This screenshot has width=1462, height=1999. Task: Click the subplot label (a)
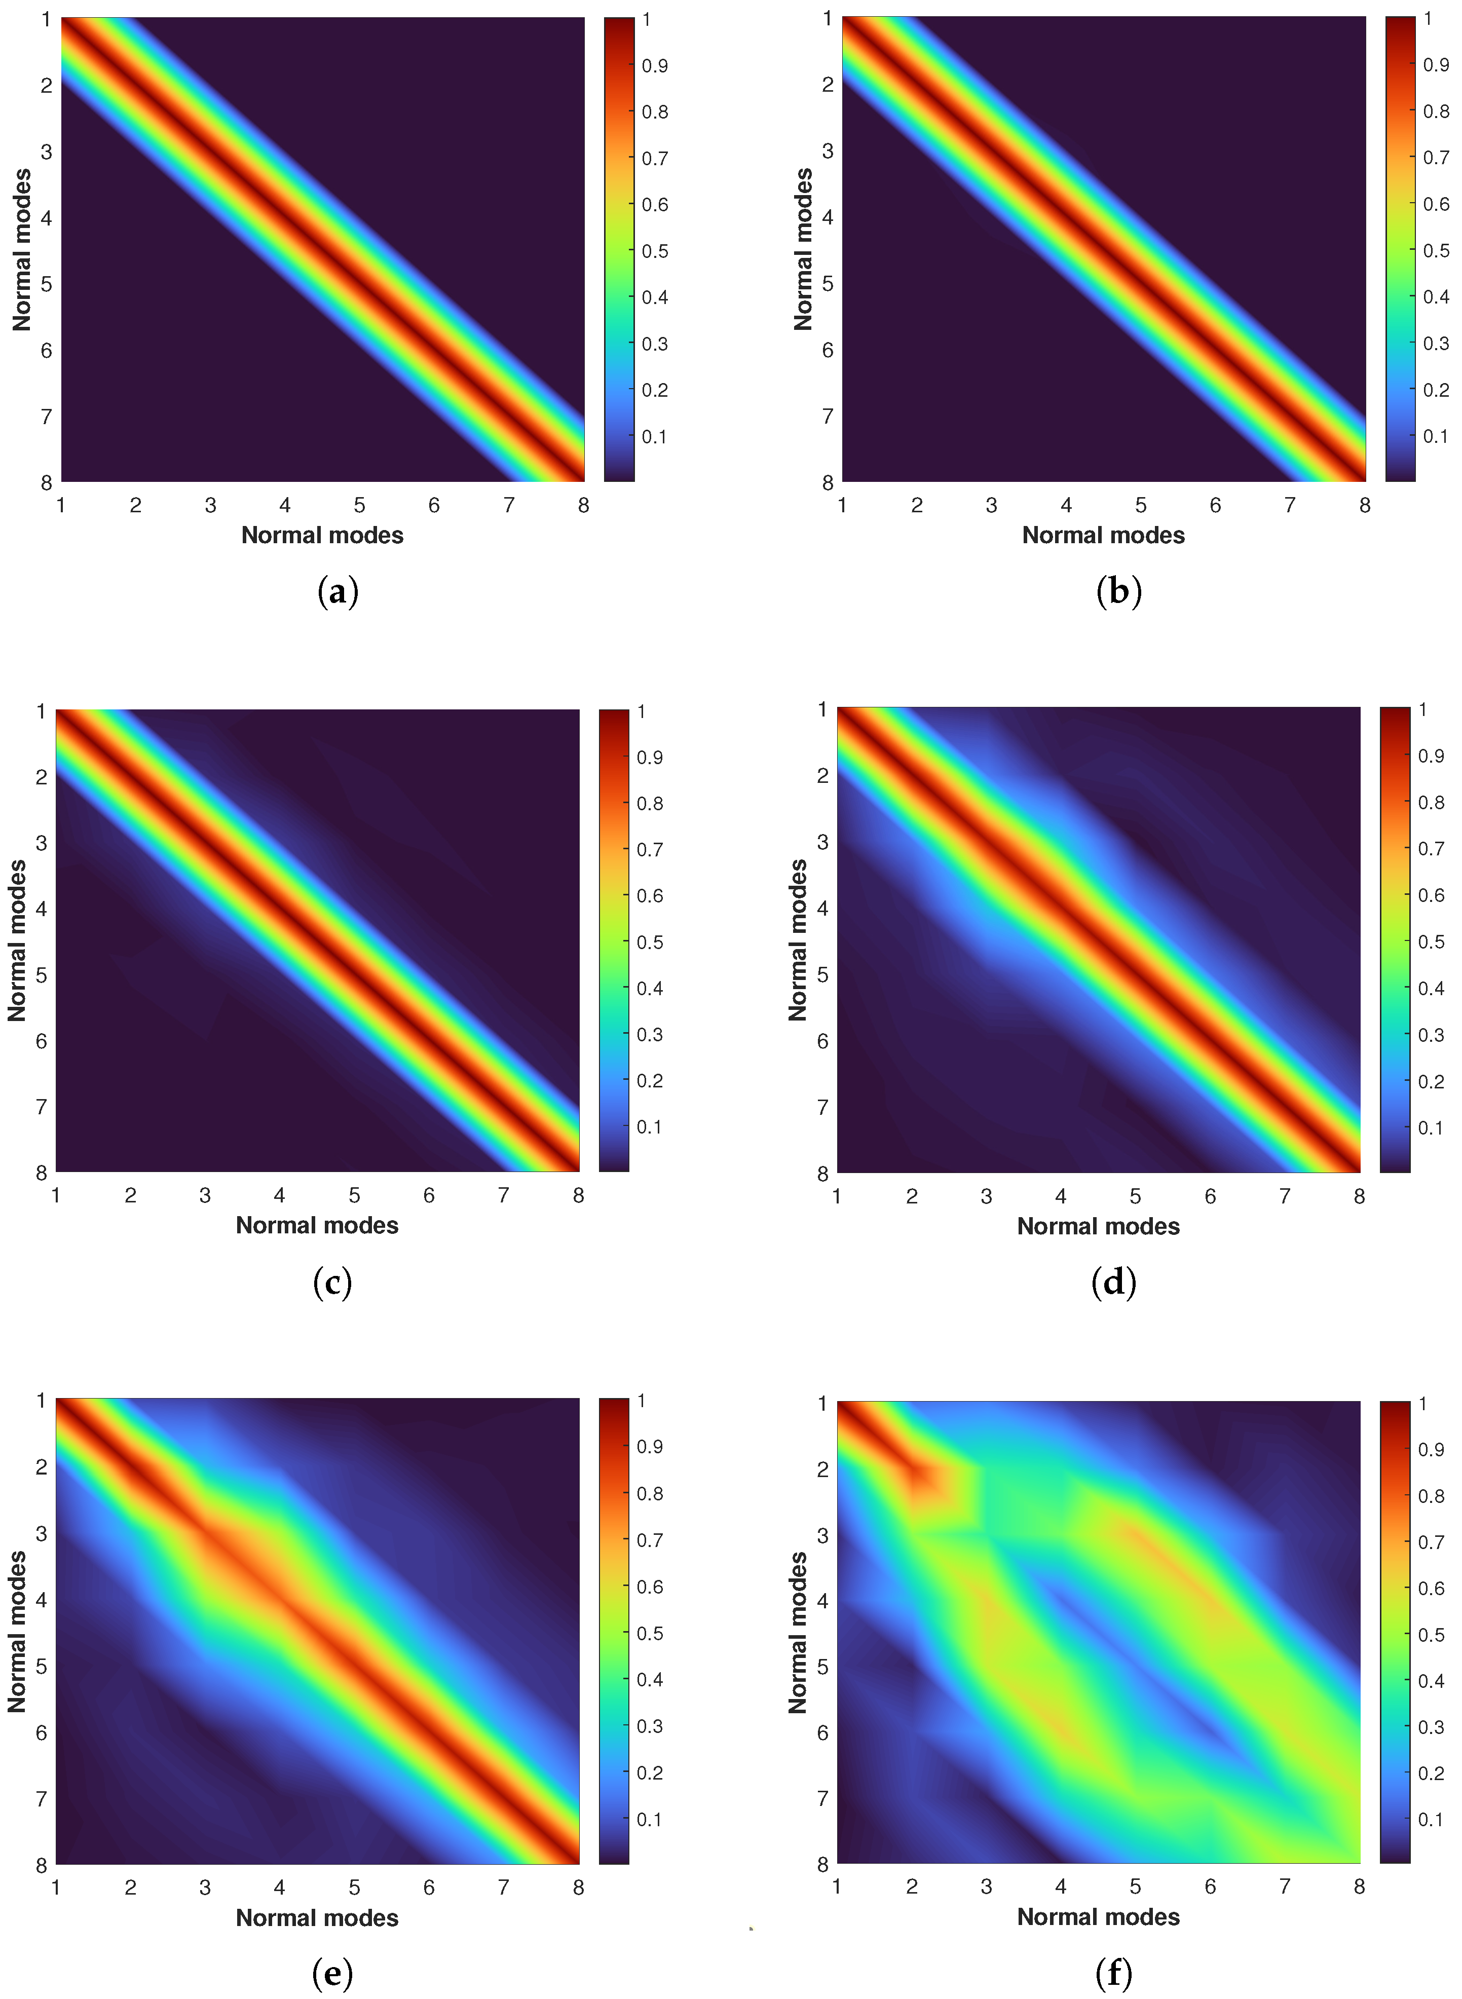pos(337,591)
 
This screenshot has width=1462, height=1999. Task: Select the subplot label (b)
pos(1118,591)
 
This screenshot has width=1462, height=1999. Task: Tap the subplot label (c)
pos(333,1282)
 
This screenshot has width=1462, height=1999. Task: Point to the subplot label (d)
pos(1113,1282)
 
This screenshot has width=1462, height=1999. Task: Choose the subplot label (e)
pos(333,1973)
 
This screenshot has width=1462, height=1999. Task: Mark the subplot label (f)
pos(1113,1973)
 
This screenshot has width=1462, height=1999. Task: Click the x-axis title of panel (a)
pos(322,536)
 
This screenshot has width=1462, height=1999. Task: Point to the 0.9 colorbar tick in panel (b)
pos(1436,64)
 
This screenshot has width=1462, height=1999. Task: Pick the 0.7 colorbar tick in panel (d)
pos(1431,849)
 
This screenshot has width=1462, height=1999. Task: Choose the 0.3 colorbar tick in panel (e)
pos(650,1726)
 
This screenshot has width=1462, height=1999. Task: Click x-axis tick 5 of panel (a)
pos(359,505)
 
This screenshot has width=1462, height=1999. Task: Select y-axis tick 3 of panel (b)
pos(828,152)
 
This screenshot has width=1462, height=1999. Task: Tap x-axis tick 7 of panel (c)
pos(504,1195)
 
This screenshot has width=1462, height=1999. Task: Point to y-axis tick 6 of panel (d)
pos(823,1041)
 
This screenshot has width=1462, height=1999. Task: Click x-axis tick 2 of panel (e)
pos(130,1888)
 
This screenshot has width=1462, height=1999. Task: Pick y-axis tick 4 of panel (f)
pos(823,1601)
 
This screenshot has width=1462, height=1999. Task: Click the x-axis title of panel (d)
pos(1098,1226)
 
